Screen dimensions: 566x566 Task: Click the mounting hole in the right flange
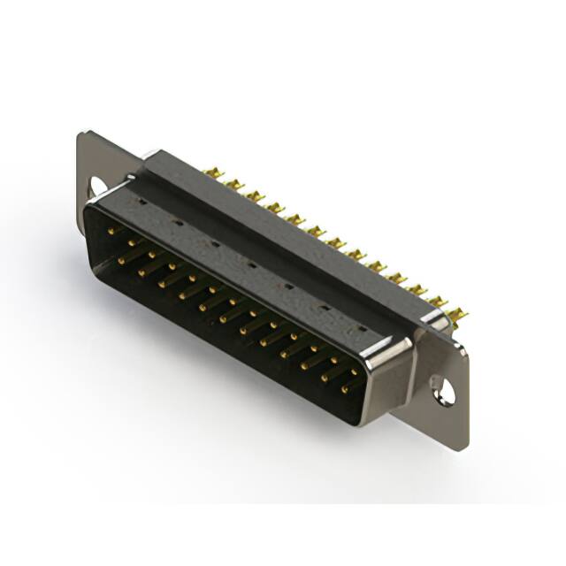pyautogui.click(x=442, y=389)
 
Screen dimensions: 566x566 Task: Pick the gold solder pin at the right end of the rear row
pyautogui.click(x=457, y=314)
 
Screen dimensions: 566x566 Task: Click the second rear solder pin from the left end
pyautogui.click(x=234, y=184)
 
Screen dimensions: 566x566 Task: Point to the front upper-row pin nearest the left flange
pyautogui.click(x=112, y=232)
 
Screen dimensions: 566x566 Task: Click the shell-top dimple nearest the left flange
pyautogui.click(x=141, y=203)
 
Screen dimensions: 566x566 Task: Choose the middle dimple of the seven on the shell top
pyautogui.click(x=251, y=264)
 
